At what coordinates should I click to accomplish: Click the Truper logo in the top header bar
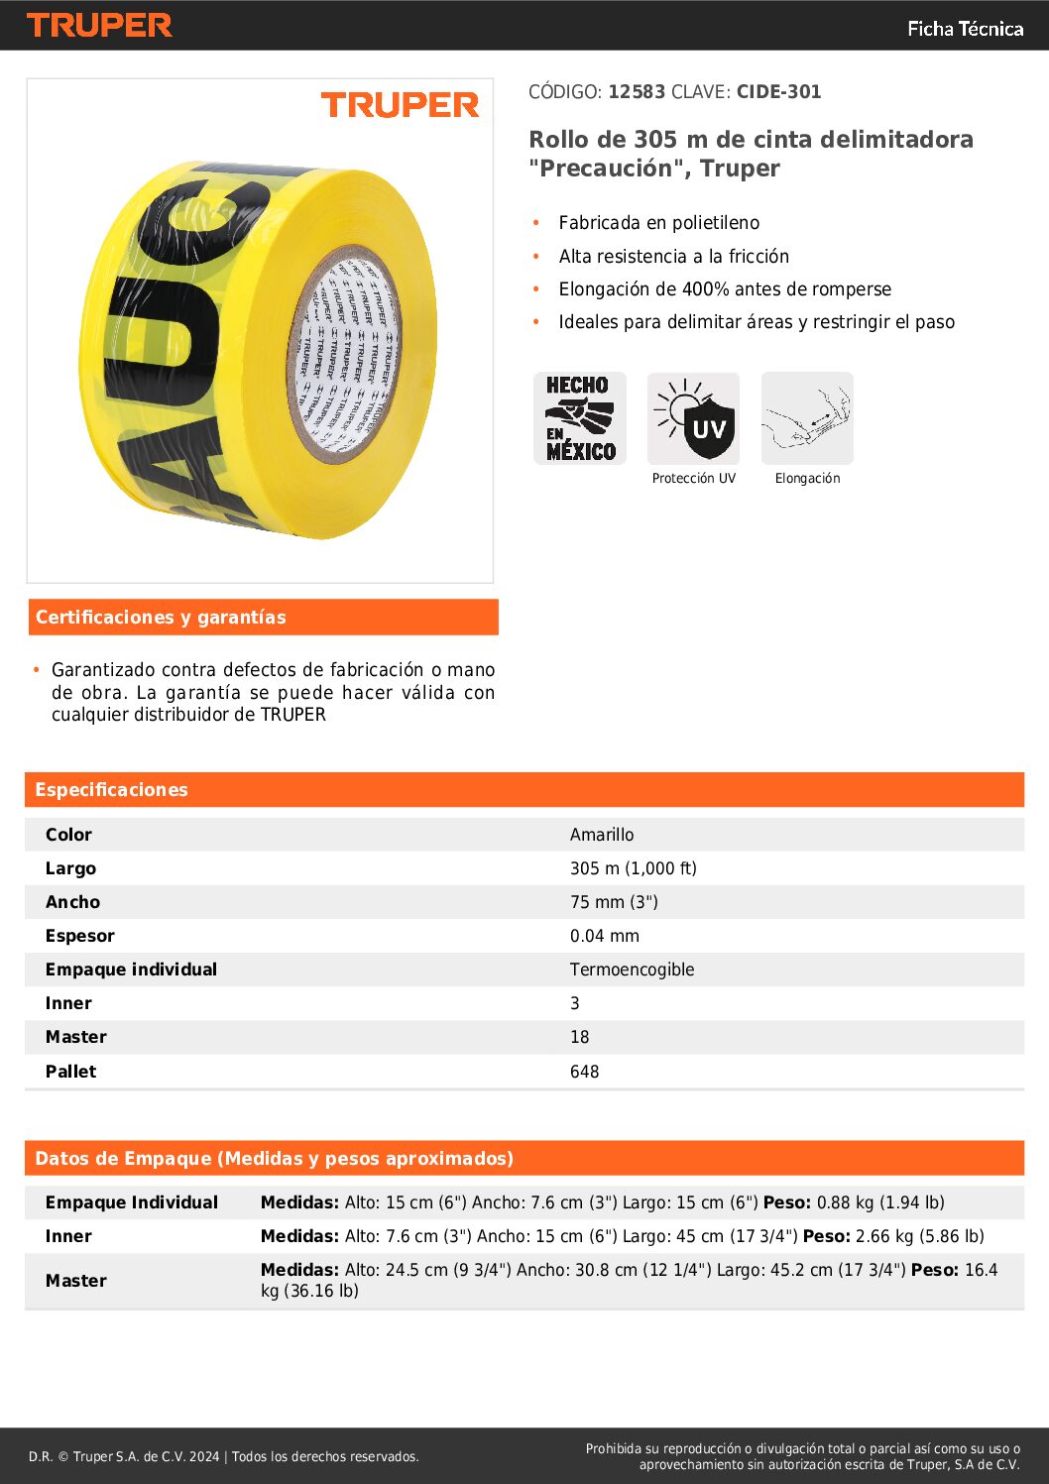(x=99, y=26)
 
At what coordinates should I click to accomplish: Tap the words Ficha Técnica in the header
(x=965, y=29)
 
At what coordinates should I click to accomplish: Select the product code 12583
(x=637, y=92)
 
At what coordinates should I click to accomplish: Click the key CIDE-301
(x=778, y=92)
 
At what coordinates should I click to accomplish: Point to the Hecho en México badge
(x=580, y=418)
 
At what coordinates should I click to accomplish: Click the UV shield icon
(x=693, y=418)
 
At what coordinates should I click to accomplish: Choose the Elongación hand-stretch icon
(x=807, y=418)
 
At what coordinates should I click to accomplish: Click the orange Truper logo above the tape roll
(x=400, y=105)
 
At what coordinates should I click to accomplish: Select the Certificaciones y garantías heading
(x=161, y=618)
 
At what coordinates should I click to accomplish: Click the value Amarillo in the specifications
(x=602, y=835)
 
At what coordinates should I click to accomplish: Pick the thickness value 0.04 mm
(x=605, y=936)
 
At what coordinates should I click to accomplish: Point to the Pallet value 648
(x=584, y=1072)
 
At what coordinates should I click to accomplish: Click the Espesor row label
(x=80, y=936)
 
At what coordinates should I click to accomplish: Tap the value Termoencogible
(x=632, y=970)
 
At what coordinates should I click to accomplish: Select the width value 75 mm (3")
(x=614, y=902)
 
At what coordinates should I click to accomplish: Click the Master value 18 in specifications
(x=579, y=1037)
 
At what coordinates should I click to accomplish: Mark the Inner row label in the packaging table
(x=68, y=1236)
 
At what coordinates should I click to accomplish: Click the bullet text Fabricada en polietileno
(x=658, y=223)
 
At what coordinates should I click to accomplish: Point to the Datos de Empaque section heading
(x=274, y=1159)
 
